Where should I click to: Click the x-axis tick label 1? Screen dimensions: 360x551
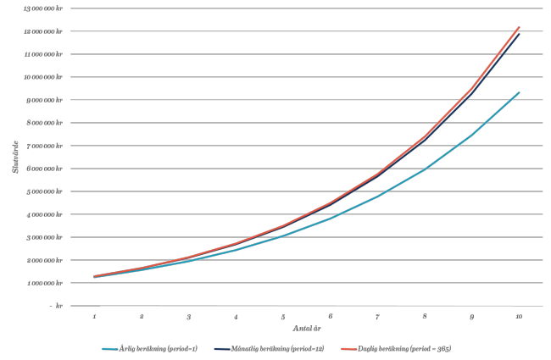point(94,316)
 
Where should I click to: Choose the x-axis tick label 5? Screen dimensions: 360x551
point(283,316)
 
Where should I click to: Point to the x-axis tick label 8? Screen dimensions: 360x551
point(424,316)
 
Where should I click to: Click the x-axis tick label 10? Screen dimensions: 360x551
point(518,316)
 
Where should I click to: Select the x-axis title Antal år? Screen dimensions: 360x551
point(306,328)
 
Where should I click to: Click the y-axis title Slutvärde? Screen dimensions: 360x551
point(15,157)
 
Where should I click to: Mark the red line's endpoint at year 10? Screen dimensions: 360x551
point(519,27)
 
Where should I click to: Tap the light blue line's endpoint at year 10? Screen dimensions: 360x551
point(519,92)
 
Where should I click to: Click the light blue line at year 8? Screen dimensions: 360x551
point(425,169)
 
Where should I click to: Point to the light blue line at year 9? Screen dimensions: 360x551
point(471,135)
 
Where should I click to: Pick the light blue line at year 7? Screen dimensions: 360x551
point(377,196)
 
